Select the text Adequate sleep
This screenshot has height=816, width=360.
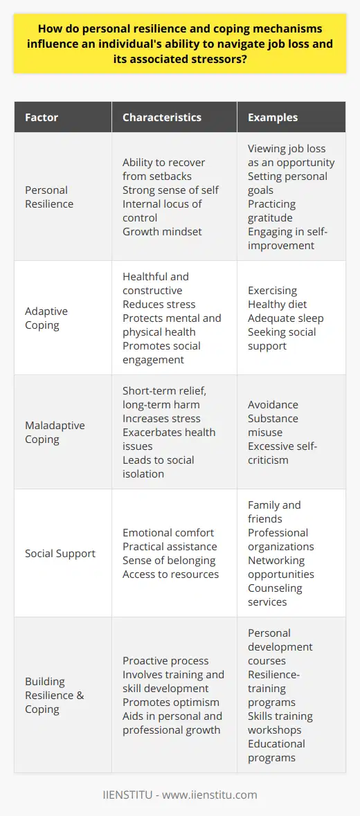pyautogui.click(x=277, y=318)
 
